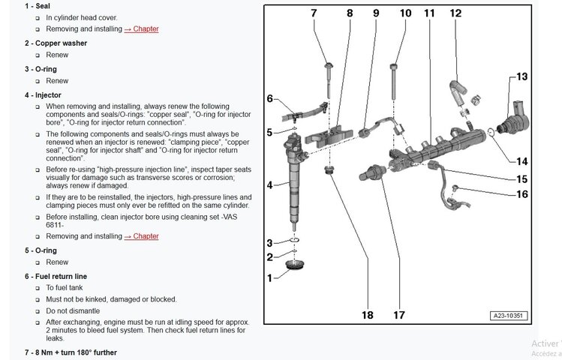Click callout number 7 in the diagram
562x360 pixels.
314,13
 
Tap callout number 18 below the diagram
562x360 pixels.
367,315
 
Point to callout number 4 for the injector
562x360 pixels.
270,184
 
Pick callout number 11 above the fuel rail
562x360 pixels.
429,13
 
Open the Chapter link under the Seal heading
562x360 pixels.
141,28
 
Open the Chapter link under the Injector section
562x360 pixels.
141,236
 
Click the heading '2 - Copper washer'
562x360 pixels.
56,43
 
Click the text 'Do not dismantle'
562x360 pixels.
72,310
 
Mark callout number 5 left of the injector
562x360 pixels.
270,133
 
